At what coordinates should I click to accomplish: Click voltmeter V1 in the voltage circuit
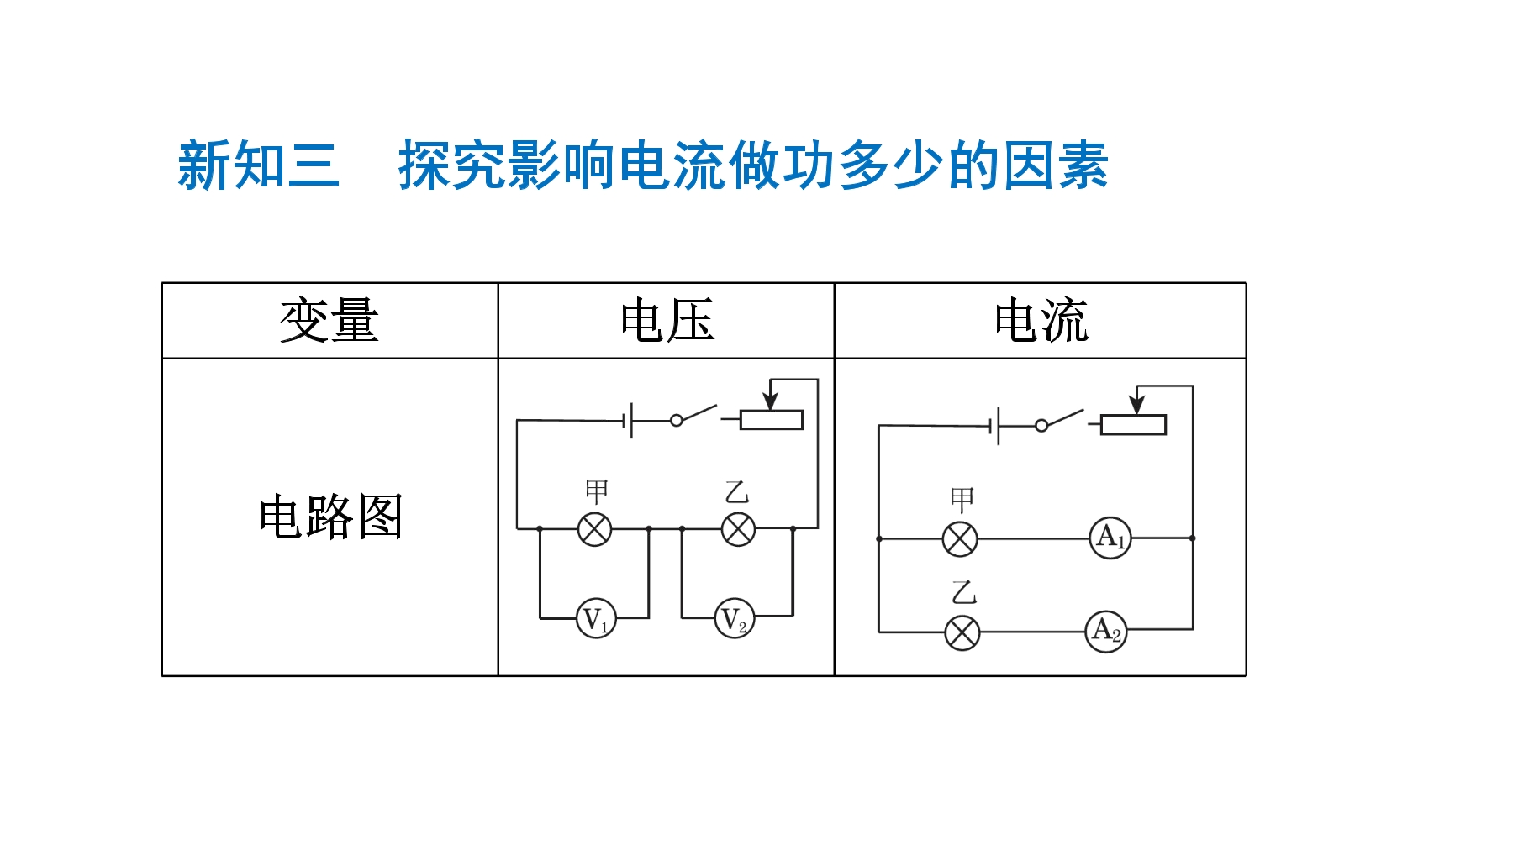point(596,619)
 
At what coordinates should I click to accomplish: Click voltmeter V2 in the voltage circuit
point(735,618)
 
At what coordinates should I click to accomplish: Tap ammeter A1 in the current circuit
point(1110,538)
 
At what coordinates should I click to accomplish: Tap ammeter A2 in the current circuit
point(1106,632)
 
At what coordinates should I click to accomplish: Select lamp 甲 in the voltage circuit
point(595,529)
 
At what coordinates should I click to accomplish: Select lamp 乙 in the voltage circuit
point(738,529)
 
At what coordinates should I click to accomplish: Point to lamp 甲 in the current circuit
point(960,539)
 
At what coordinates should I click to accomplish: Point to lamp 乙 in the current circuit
point(962,632)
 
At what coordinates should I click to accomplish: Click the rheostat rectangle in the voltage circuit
point(772,420)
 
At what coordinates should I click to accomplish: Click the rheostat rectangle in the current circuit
point(1133,425)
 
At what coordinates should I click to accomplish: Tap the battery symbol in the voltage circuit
point(627,420)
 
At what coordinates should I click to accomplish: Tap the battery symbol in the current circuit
point(994,426)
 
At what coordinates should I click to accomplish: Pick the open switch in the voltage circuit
point(693,415)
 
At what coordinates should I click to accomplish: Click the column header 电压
point(667,320)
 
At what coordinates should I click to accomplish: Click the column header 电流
point(1041,320)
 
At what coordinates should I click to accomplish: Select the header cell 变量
point(329,320)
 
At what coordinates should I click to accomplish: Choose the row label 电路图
point(331,516)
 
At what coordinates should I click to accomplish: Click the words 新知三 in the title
point(259,165)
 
